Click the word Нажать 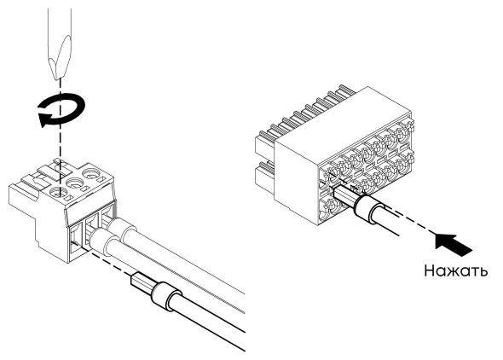456,270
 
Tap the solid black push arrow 454,244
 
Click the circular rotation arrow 61,110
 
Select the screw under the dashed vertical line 60,193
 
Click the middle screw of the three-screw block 74,183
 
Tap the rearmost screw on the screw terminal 91,174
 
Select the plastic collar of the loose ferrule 167,296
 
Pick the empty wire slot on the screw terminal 77,240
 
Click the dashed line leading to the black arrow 413,223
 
